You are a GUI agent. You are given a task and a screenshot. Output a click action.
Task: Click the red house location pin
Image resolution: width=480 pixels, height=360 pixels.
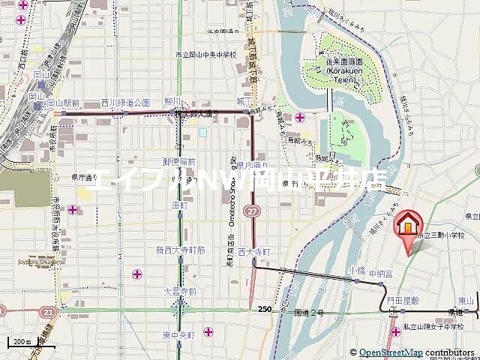[x=407, y=225]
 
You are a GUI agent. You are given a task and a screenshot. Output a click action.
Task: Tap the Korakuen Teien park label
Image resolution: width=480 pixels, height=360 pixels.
[x=349, y=71]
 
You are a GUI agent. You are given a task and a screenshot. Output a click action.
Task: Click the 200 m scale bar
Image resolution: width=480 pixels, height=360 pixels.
[x=21, y=343]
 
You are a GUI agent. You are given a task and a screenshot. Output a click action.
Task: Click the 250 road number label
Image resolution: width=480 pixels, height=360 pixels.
[x=264, y=310]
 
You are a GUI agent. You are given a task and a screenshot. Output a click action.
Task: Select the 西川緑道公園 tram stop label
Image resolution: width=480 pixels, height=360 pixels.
[x=126, y=103]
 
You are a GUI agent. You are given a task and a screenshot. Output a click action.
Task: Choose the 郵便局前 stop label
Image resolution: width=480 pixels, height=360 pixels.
[x=179, y=161]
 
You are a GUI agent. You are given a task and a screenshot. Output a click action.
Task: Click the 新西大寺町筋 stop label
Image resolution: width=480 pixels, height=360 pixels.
[x=180, y=250]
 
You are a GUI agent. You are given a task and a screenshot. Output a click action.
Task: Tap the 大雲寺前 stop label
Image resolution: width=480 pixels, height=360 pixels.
[x=180, y=292]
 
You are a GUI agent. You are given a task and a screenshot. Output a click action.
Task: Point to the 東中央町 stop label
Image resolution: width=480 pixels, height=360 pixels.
[x=179, y=334]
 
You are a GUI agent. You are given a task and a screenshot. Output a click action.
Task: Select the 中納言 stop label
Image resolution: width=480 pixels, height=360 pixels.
[x=381, y=275]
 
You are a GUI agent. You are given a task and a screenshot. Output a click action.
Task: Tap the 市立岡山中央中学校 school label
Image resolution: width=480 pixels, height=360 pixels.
[x=205, y=55]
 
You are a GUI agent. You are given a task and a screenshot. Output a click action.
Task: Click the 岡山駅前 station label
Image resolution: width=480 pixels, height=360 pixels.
[x=64, y=103]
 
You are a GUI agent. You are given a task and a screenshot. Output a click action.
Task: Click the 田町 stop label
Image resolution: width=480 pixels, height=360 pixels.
[x=180, y=205]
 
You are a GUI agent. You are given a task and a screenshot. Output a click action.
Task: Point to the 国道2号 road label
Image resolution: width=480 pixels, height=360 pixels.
[x=309, y=312]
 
